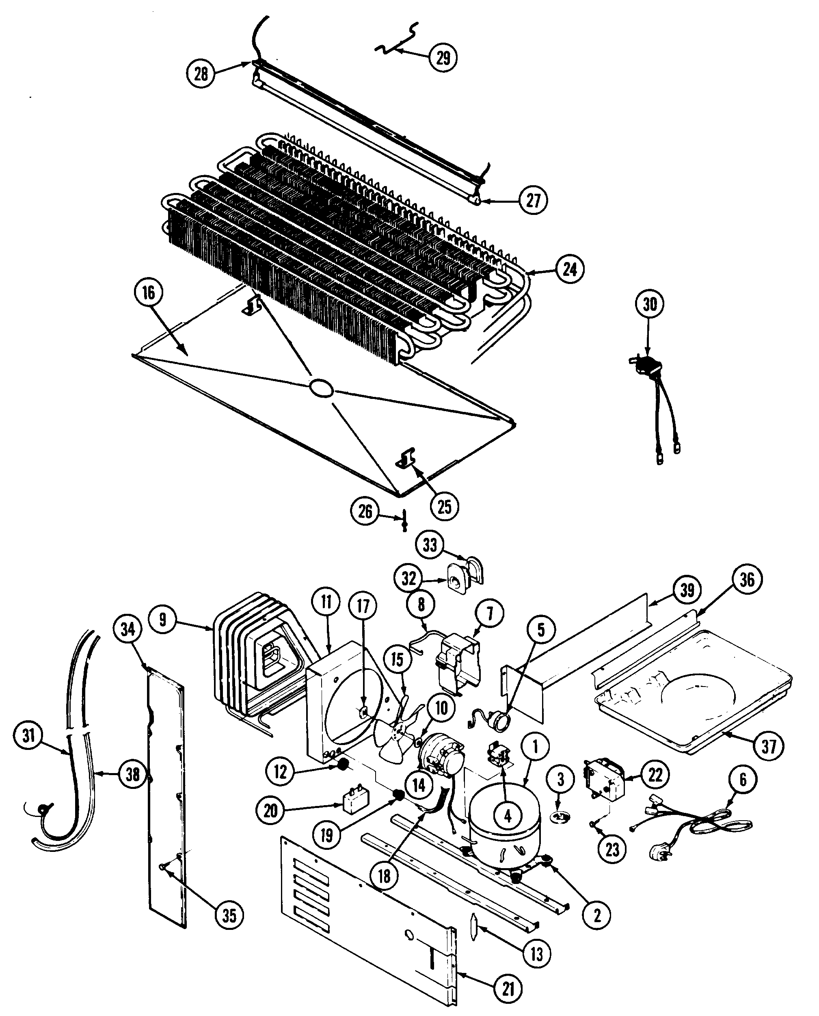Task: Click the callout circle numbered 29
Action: (x=443, y=58)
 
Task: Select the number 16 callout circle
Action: (x=148, y=292)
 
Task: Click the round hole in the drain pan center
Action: (x=321, y=389)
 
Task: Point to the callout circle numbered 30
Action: (x=650, y=304)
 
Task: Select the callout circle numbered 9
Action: (x=163, y=619)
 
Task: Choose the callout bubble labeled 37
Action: (x=769, y=747)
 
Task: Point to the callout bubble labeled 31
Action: (x=29, y=735)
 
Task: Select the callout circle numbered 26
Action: (x=365, y=511)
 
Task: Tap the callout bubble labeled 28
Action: (x=201, y=74)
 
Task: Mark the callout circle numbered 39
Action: (x=687, y=590)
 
